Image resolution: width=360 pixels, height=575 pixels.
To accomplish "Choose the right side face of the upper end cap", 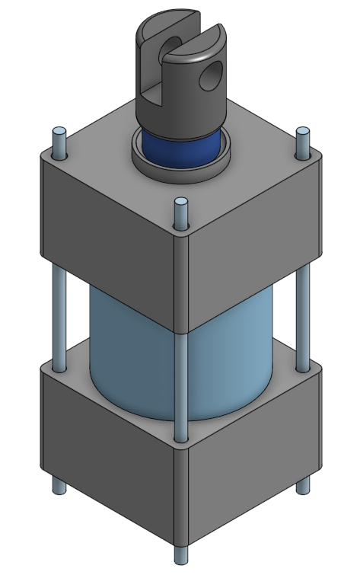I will point(251,228).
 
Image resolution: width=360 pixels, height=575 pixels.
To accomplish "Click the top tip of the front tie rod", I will point(180,203).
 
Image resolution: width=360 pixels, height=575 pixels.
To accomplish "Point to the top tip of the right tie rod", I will point(302,133).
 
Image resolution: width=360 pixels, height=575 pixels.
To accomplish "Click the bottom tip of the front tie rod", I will point(180,555).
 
